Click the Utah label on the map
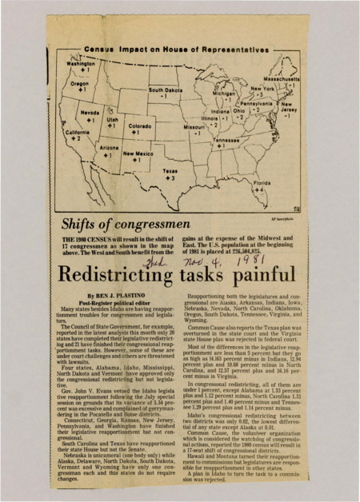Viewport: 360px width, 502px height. click(113, 118)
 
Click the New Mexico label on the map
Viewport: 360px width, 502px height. click(138, 153)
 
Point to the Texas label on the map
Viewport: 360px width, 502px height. click(170, 171)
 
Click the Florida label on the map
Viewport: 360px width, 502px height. click(262, 183)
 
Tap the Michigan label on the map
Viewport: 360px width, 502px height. click(224, 94)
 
